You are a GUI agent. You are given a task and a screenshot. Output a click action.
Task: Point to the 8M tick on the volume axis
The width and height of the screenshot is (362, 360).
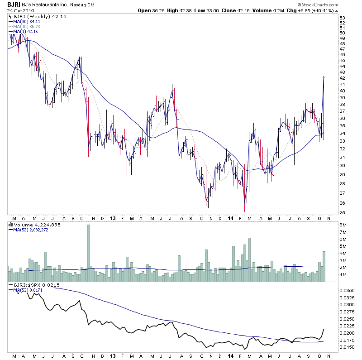click(x=343, y=225)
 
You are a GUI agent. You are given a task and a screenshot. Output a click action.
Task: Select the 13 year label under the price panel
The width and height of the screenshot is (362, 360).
click(x=112, y=218)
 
